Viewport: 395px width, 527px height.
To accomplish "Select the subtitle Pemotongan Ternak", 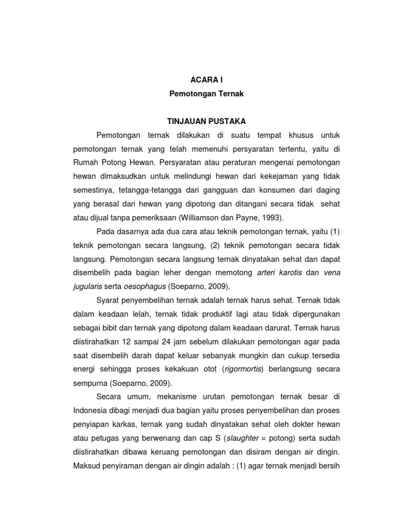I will tap(199, 95).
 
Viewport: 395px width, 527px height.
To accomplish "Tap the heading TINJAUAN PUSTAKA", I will tap(199, 121).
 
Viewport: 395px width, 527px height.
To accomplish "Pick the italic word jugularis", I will tap(88, 287).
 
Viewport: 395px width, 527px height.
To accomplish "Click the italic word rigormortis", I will tap(240, 370).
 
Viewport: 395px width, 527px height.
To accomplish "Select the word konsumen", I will tap(282, 190).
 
